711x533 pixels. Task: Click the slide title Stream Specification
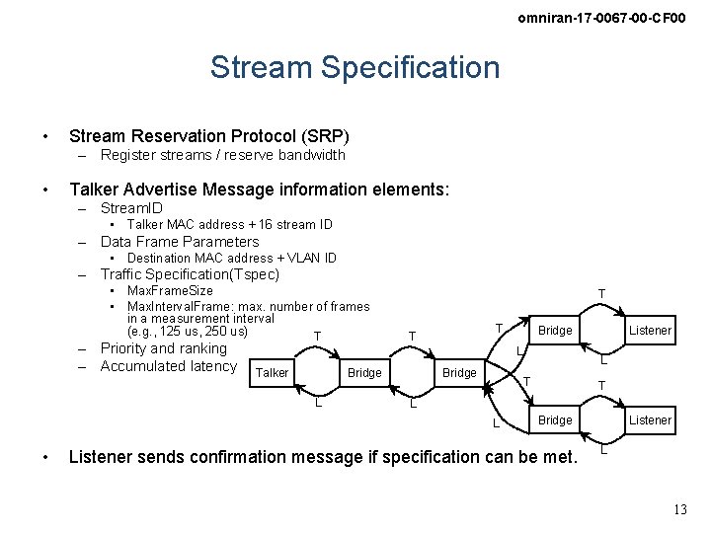point(355,67)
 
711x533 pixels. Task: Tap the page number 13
point(679,509)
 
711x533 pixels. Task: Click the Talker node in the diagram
point(272,372)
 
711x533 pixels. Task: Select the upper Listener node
point(650,331)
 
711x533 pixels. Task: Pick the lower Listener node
point(650,420)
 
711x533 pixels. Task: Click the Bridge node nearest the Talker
point(364,372)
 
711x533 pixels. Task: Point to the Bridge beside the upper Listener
point(555,331)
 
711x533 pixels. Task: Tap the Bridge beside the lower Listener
point(555,420)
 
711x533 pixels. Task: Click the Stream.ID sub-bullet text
point(131,208)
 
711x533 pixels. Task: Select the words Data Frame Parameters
point(180,242)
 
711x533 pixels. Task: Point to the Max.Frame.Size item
point(170,291)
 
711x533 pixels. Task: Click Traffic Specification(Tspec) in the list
point(190,274)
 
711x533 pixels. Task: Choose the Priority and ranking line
point(164,348)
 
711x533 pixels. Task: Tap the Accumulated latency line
point(169,366)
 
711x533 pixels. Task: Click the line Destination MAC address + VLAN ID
point(232,259)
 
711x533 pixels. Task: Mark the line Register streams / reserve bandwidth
point(223,155)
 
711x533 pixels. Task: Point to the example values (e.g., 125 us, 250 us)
point(188,332)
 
